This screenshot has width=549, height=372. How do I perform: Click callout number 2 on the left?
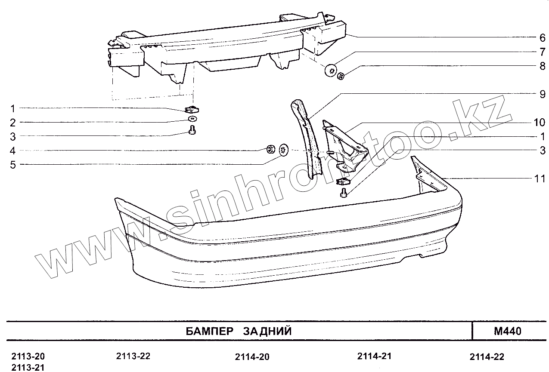[x=13, y=123]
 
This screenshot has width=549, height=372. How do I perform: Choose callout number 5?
[x=13, y=164]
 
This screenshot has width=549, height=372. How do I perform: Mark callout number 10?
[x=539, y=123]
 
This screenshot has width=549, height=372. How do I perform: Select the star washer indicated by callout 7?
[x=331, y=71]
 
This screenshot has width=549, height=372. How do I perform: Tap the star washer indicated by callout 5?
[x=284, y=151]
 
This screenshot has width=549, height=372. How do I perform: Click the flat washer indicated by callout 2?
[x=192, y=119]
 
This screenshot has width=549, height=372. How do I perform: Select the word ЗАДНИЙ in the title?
[x=267, y=331]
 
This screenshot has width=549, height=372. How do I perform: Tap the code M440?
[x=508, y=331]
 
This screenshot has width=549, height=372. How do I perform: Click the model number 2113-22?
[x=133, y=356]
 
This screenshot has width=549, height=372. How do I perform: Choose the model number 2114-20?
[x=252, y=357]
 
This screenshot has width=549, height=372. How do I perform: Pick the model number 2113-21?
[x=28, y=367]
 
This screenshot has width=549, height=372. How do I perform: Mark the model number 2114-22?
[x=487, y=357]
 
